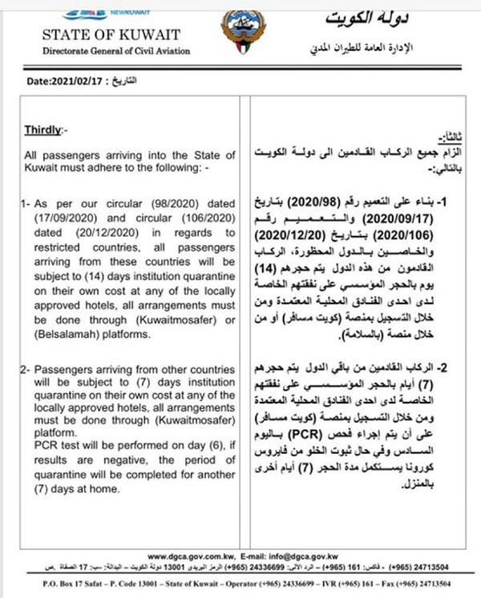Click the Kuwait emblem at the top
click(240, 33)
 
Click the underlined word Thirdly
click(44, 128)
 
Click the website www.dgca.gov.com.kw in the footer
click(192, 553)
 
